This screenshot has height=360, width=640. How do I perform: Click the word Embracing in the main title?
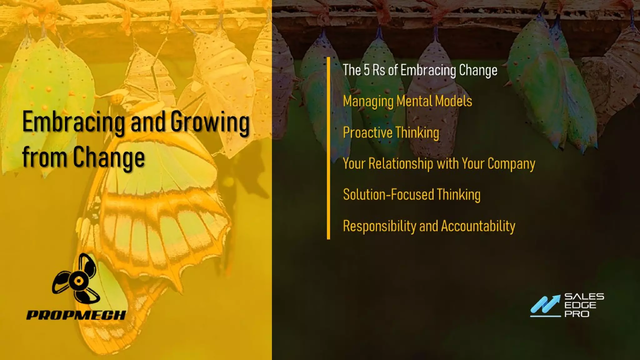pos(74,122)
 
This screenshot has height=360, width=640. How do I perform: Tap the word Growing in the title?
pos(210,122)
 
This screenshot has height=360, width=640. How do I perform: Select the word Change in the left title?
pos(109,157)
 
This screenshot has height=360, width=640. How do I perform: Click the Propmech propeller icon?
pos(77,279)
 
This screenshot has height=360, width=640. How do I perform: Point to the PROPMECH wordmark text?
pos(76,315)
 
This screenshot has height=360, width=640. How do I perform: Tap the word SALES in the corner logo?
pos(584,297)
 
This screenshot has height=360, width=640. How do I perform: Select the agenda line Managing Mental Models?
pos(407,101)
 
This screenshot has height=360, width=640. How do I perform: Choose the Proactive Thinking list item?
pos(391,132)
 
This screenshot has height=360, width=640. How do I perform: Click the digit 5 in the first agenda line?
pos(367,70)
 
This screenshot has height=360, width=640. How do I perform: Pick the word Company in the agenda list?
pos(511,164)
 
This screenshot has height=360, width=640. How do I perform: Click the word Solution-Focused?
pos(388,194)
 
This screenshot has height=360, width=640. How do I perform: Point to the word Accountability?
pos(478,226)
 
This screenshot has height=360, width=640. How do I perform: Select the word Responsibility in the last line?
pos(379,226)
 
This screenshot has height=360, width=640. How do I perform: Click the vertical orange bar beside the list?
pos(328,148)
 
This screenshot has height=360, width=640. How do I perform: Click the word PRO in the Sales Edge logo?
pos(577,314)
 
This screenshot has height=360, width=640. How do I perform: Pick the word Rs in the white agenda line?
pos(379,70)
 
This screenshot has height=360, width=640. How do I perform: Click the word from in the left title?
pos(44,157)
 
